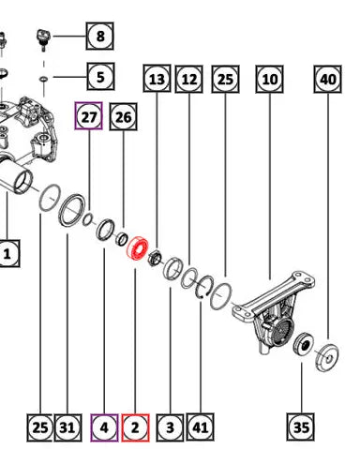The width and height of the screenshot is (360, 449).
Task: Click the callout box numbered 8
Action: pos(99,36)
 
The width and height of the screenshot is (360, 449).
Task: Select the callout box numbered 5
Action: pos(100,77)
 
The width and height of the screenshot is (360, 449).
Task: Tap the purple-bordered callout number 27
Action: pos(89,116)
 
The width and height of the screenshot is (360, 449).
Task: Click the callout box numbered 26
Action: pos(123,117)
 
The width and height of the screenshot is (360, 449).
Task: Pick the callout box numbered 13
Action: pos(157,79)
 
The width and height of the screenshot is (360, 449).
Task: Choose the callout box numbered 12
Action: pos(189,79)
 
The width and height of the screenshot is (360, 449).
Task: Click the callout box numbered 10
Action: pos(270,79)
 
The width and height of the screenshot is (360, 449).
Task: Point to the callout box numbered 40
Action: pos(328,79)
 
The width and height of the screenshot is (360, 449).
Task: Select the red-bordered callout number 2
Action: pos(135,427)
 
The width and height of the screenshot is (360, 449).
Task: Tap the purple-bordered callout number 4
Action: pos(104,427)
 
